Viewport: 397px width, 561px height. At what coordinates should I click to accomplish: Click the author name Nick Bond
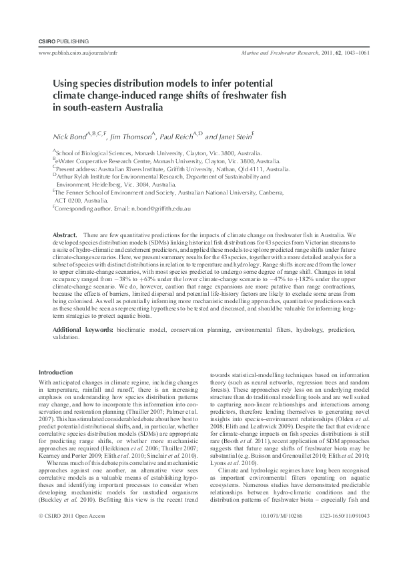click(x=69, y=137)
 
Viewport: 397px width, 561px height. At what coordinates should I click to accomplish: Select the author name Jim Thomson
click(x=134, y=137)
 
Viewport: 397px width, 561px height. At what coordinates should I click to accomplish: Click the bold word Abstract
click(x=65, y=237)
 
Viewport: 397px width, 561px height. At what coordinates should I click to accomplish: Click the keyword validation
click(x=67, y=338)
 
